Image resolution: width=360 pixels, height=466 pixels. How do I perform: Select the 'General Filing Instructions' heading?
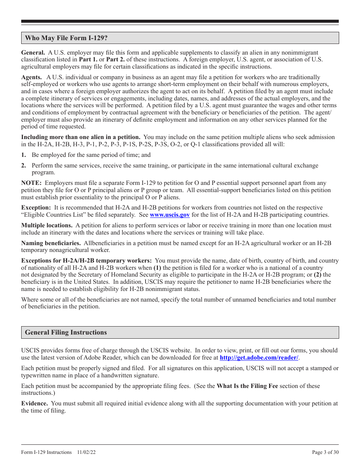[66, 332]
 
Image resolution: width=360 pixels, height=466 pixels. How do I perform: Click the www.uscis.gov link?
[170, 215]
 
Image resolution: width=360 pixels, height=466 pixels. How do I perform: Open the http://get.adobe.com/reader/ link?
[259, 357]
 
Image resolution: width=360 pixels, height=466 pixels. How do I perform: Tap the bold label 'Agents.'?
[31, 77]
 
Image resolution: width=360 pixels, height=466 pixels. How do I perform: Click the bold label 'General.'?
[33, 52]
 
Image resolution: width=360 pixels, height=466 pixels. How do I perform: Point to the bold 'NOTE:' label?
[31, 183]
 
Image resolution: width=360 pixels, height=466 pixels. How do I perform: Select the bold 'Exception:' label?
[36, 208]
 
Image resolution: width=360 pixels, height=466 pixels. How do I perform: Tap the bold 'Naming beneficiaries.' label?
[51, 243]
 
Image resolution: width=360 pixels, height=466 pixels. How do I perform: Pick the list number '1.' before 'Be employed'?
[23, 155]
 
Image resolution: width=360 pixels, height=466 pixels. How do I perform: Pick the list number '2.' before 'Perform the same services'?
[23, 166]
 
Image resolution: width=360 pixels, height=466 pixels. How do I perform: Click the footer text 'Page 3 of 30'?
[325, 452]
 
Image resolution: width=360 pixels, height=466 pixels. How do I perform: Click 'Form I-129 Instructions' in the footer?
[46, 452]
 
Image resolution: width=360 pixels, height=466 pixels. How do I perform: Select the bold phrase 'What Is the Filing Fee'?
[247, 386]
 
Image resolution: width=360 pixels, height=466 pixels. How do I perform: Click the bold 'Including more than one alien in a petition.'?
[81, 137]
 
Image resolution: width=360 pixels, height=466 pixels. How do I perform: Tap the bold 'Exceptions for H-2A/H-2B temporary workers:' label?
[86, 261]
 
